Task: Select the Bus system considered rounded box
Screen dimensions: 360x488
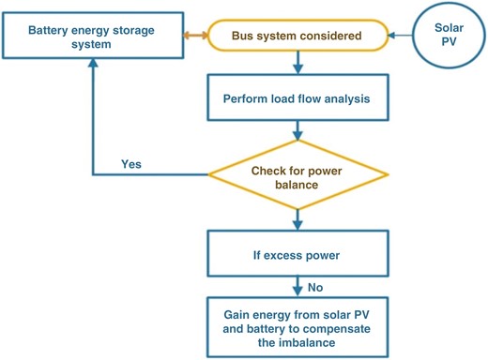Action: click(297, 36)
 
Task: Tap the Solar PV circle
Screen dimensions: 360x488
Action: click(449, 37)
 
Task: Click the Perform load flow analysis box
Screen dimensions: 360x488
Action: click(297, 98)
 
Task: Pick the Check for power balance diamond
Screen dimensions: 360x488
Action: click(297, 175)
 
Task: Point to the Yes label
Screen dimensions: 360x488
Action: click(132, 163)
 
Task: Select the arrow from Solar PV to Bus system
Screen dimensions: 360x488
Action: click(402, 36)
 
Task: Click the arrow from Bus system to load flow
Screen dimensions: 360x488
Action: click(297, 63)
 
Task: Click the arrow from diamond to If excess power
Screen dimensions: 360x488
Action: click(297, 218)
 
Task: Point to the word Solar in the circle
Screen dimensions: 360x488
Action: click(449, 27)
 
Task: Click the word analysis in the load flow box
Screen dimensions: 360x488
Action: click(346, 98)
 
